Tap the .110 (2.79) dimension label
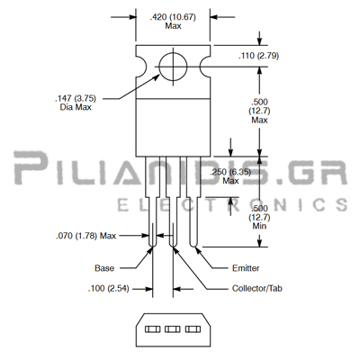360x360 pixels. tap(258, 56)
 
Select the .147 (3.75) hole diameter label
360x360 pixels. tap(76, 98)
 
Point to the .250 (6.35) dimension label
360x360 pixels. tap(230, 172)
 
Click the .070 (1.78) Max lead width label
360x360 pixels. tap(85, 236)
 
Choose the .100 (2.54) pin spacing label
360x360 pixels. tap(108, 289)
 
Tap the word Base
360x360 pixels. tap(104, 268)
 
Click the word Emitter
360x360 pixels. tap(246, 268)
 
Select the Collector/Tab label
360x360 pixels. tap(257, 289)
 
